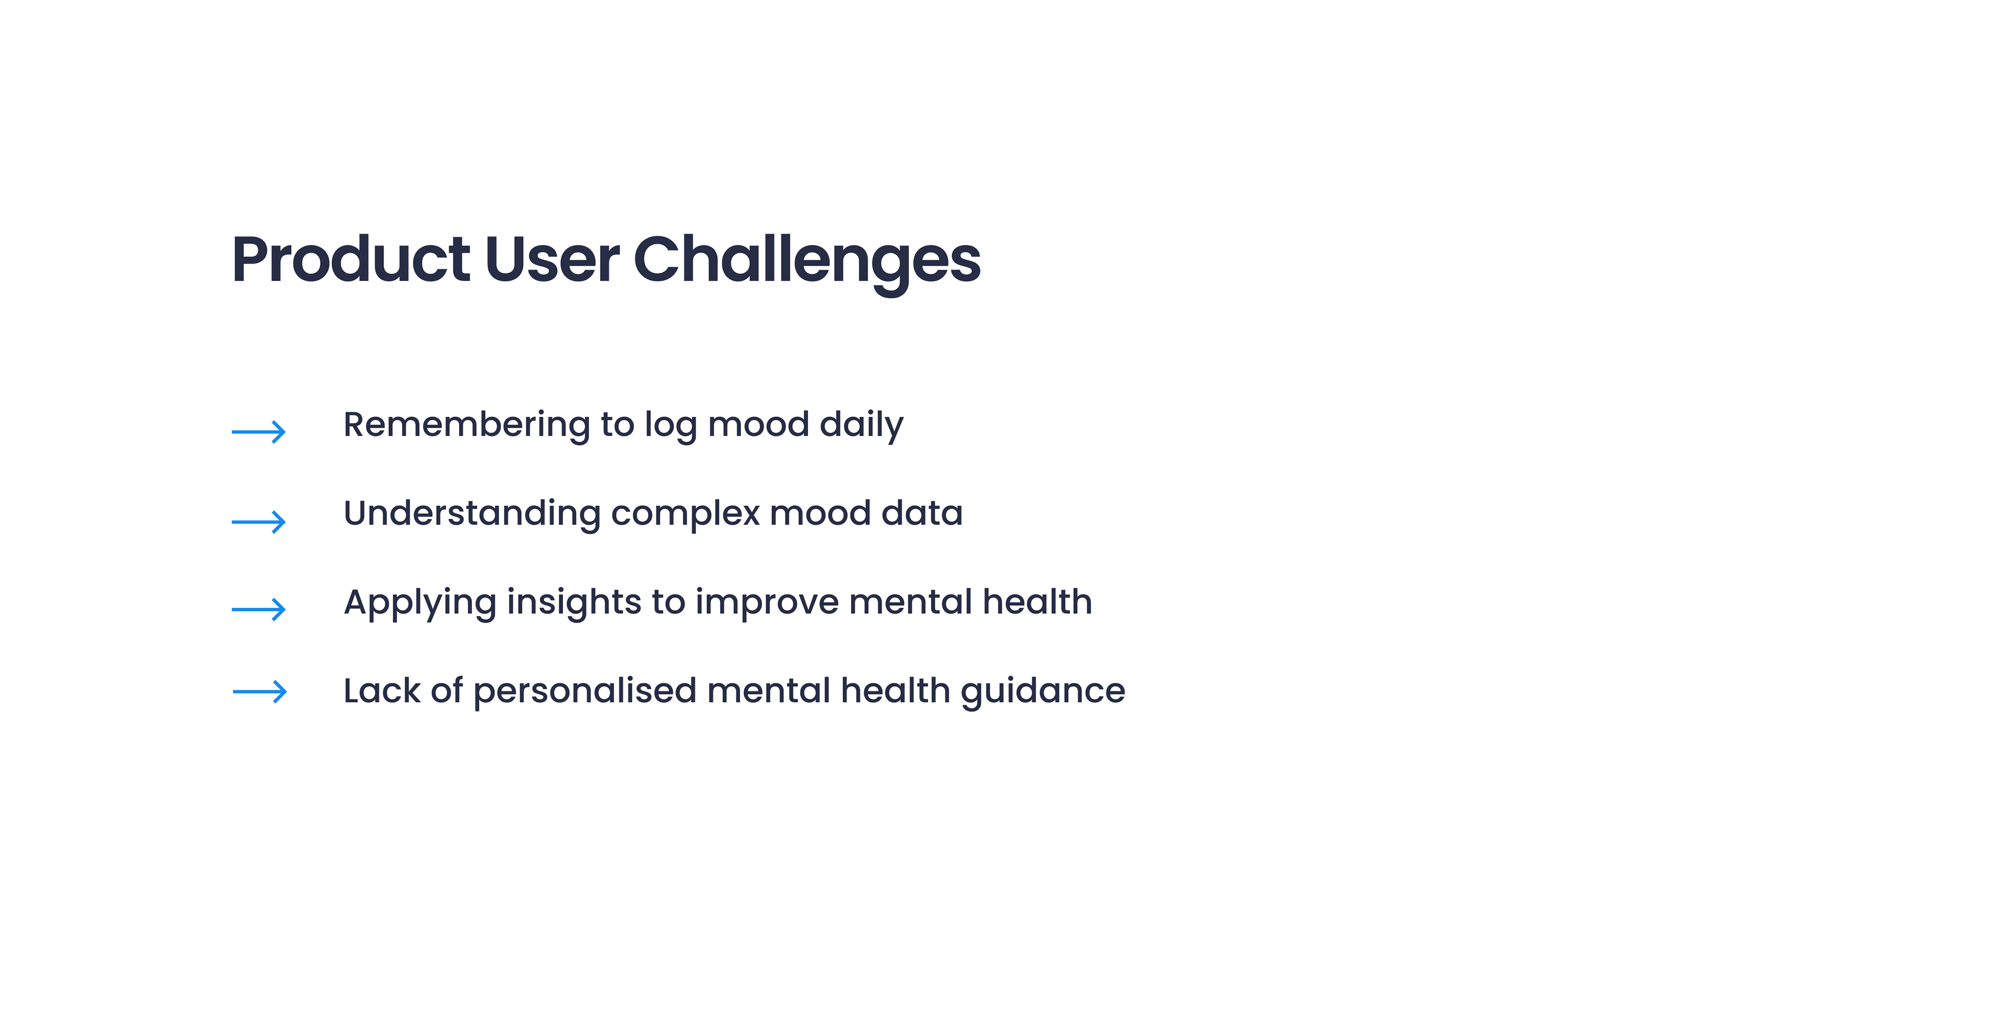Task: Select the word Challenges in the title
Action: point(807,263)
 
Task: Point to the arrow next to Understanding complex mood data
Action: point(258,521)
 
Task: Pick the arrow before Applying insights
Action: point(258,609)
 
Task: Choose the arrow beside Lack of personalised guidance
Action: point(259,691)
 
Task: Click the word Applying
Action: point(420,603)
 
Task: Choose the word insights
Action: point(574,603)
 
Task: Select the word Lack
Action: point(382,690)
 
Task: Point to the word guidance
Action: point(1043,692)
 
